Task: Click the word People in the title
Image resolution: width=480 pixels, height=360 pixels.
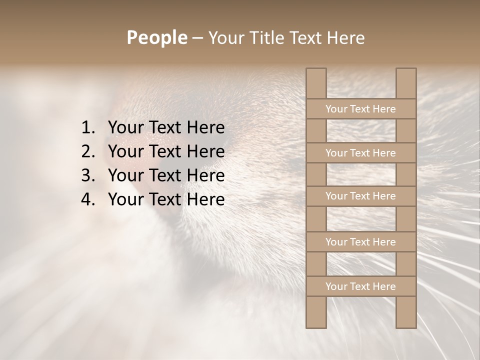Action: click(x=156, y=38)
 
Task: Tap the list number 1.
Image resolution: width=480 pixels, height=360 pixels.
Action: click(x=88, y=128)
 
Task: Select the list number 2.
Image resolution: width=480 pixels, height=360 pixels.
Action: click(x=88, y=151)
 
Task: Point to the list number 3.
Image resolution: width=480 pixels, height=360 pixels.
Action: click(x=88, y=175)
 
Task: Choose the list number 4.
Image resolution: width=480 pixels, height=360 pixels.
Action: click(x=88, y=199)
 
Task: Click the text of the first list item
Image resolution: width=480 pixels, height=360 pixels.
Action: click(x=166, y=128)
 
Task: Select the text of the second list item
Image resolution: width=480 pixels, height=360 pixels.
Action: click(x=166, y=151)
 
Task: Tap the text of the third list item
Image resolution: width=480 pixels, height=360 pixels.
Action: click(x=166, y=175)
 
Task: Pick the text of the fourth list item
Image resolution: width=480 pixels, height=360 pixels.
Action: click(x=166, y=199)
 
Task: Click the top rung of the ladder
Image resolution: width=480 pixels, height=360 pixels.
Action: click(x=360, y=109)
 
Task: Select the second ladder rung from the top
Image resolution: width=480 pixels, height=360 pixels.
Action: click(x=360, y=153)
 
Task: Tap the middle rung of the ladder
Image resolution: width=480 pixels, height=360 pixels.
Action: click(x=360, y=196)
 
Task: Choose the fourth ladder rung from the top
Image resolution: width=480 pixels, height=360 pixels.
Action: click(x=360, y=242)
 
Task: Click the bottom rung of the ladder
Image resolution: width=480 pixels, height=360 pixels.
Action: click(x=360, y=286)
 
